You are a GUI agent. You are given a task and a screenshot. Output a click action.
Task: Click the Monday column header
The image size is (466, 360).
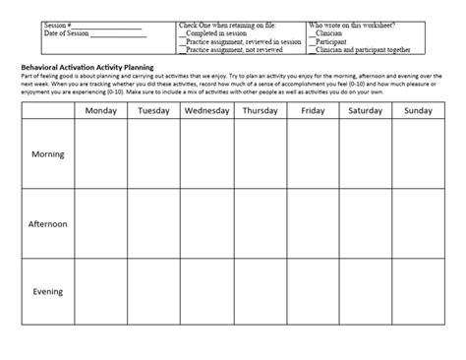click(x=100, y=111)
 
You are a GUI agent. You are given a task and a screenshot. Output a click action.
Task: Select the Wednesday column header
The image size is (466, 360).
click(x=206, y=111)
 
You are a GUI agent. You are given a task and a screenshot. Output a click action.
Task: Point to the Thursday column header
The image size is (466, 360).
click(x=260, y=111)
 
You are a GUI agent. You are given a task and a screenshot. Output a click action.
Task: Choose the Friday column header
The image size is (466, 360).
click(x=313, y=111)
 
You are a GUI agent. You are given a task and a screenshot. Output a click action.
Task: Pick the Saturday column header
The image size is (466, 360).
click(x=366, y=111)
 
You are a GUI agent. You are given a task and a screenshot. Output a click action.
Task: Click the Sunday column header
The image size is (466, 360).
click(x=419, y=111)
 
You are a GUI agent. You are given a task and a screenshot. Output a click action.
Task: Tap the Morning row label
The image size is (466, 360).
click(x=47, y=154)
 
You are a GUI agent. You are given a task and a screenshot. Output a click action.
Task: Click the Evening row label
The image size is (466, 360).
click(x=47, y=291)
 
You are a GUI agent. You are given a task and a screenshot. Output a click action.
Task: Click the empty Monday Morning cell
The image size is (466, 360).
click(x=100, y=154)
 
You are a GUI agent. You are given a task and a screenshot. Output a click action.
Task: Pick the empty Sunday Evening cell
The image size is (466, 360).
click(x=419, y=291)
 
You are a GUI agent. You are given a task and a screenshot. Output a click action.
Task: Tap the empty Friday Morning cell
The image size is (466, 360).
click(x=313, y=154)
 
